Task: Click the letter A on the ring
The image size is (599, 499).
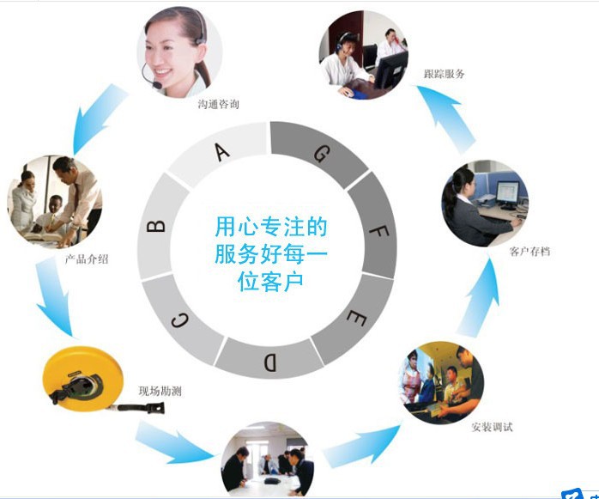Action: [222, 152]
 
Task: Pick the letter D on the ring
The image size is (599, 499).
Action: [269, 362]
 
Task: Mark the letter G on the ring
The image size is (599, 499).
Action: [320, 154]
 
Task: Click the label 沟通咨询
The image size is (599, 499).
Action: [218, 104]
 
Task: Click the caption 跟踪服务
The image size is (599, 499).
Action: [444, 74]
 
